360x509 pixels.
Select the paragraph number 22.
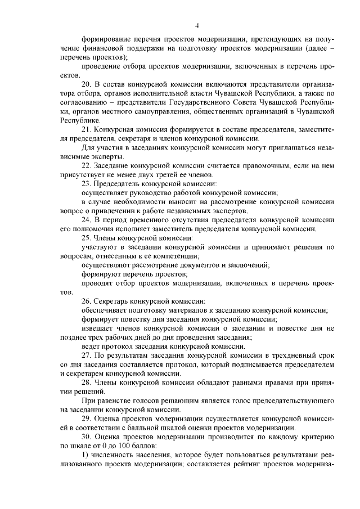[87, 166]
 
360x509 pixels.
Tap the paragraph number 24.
[87, 219]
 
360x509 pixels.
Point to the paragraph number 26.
[87, 301]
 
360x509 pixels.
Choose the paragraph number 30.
[87, 436]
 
